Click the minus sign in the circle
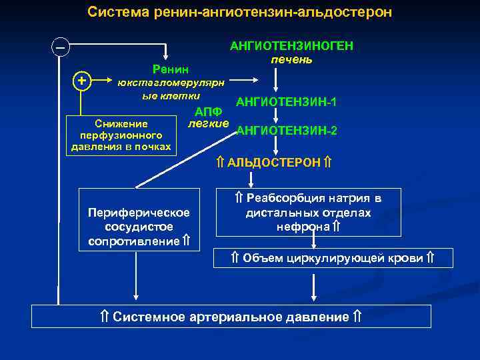tap(61, 48)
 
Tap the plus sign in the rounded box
tap(81, 80)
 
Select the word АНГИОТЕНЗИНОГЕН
tap(291, 46)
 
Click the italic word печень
tap(291, 59)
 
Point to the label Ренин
tap(171, 69)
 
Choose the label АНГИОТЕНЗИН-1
tap(286, 102)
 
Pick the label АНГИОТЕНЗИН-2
tap(287, 131)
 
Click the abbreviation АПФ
tap(208, 111)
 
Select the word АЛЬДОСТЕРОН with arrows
tap(275, 163)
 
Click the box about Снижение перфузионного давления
tap(122, 135)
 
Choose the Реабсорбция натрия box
tap(309, 213)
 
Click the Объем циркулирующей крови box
tap(333, 258)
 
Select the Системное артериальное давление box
tap(231, 317)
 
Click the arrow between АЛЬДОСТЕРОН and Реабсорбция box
tap(251, 179)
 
